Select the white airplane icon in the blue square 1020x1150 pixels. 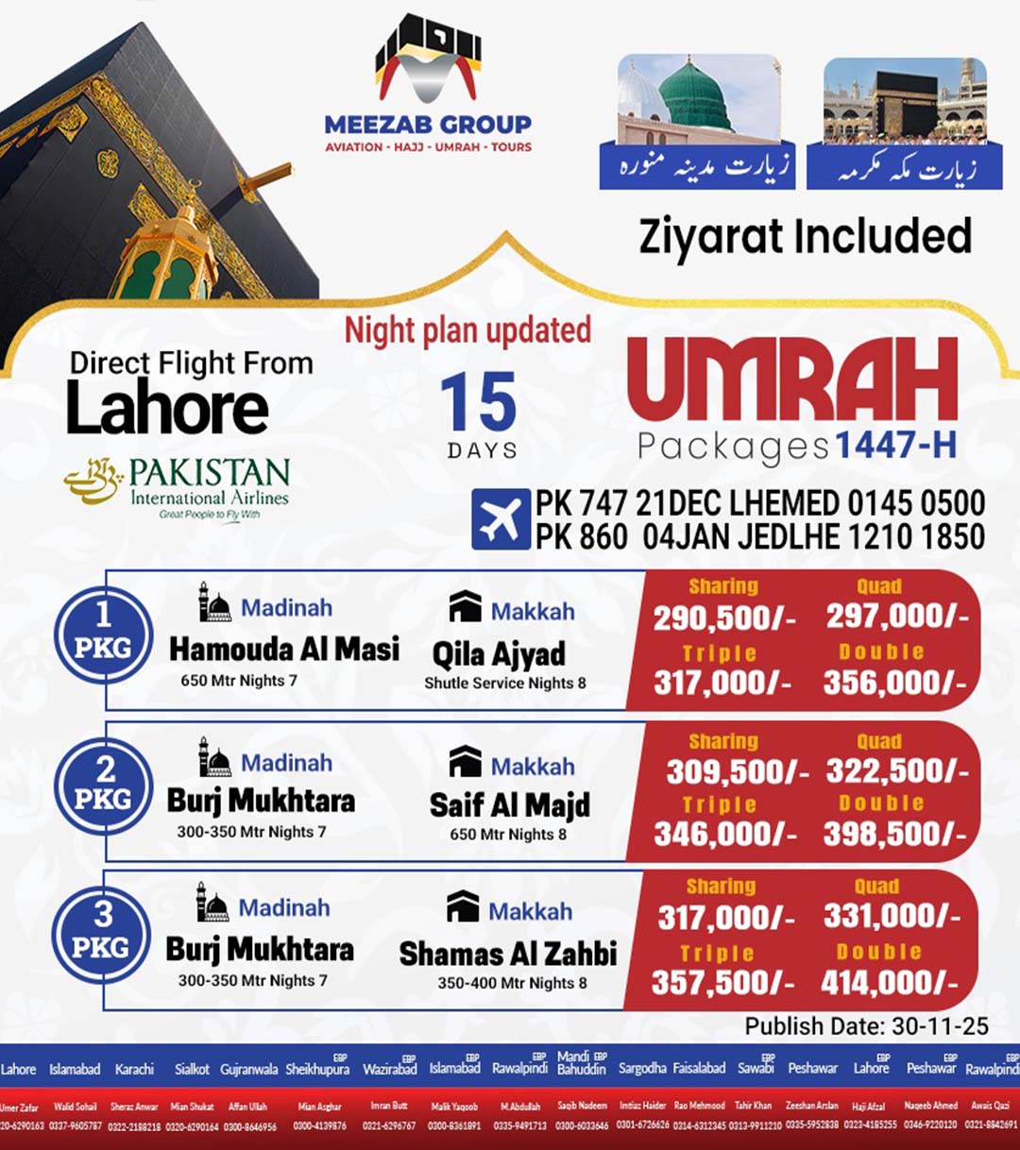click(x=501, y=519)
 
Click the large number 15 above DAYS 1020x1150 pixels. click(x=479, y=402)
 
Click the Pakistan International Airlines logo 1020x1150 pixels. click(x=178, y=487)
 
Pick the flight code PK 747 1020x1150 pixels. click(x=581, y=503)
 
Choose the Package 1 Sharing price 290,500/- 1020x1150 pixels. click(x=724, y=617)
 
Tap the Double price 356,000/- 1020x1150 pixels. click(x=893, y=684)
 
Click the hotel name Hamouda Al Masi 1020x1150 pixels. click(x=283, y=650)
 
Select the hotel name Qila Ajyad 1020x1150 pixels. click(x=499, y=653)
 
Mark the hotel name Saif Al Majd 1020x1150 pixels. click(x=509, y=804)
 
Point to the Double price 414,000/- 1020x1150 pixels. click(x=889, y=983)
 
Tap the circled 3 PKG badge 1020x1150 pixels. click(x=101, y=932)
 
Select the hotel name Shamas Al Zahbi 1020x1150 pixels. click(x=507, y=954)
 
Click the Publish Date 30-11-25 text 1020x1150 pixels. click(x=866, y=1026)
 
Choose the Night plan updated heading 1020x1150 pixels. click(x=467, y=330)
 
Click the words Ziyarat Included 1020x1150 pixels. click(x=805, y=236)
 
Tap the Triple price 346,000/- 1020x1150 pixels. click(x=724, y=834)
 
